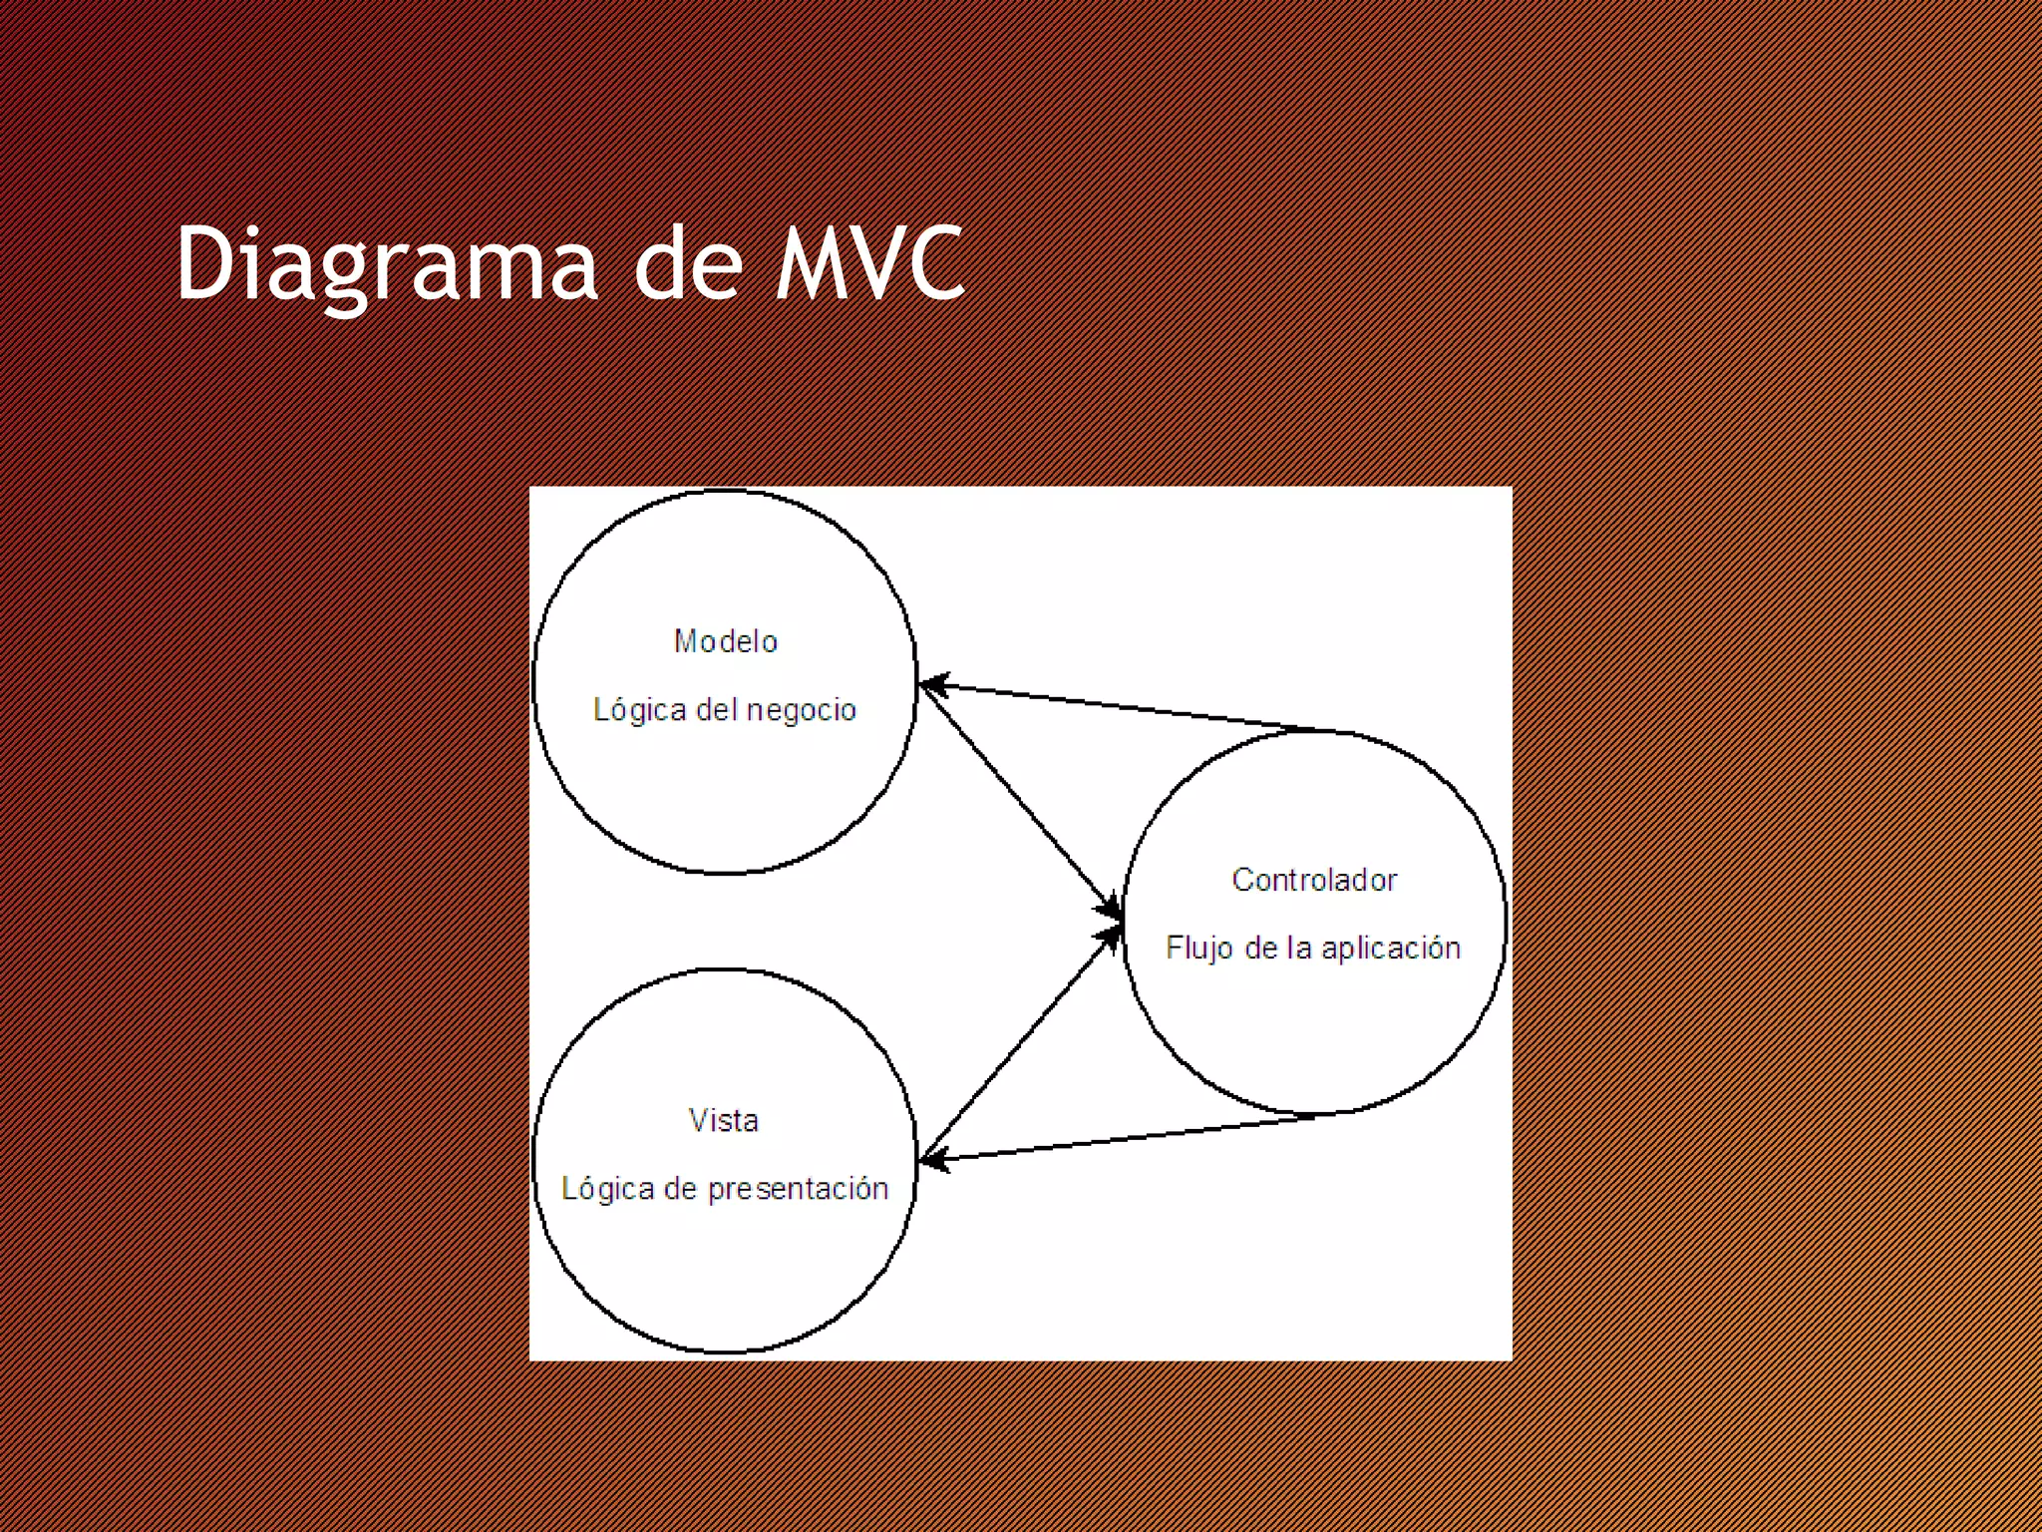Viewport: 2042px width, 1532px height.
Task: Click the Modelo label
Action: click(726, 641)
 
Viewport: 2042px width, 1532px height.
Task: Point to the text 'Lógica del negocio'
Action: click(725, 710)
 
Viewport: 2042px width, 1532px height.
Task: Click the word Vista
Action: click(724, 1121)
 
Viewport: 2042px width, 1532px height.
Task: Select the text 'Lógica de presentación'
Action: click(725, 1189)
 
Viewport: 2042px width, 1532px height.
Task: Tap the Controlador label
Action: click(1314, 880)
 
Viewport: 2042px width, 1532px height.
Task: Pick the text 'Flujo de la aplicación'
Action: click(1313, 948)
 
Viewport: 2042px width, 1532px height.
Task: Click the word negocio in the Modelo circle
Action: click(802, 710)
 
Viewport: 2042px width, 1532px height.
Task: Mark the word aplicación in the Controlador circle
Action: click(1391, 948)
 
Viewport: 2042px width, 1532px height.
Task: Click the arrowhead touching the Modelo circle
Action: click(932, 685)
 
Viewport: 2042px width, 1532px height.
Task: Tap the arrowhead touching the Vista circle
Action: click(932, 1159)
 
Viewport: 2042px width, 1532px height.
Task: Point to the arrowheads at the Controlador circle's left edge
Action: click(1109, 922)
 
